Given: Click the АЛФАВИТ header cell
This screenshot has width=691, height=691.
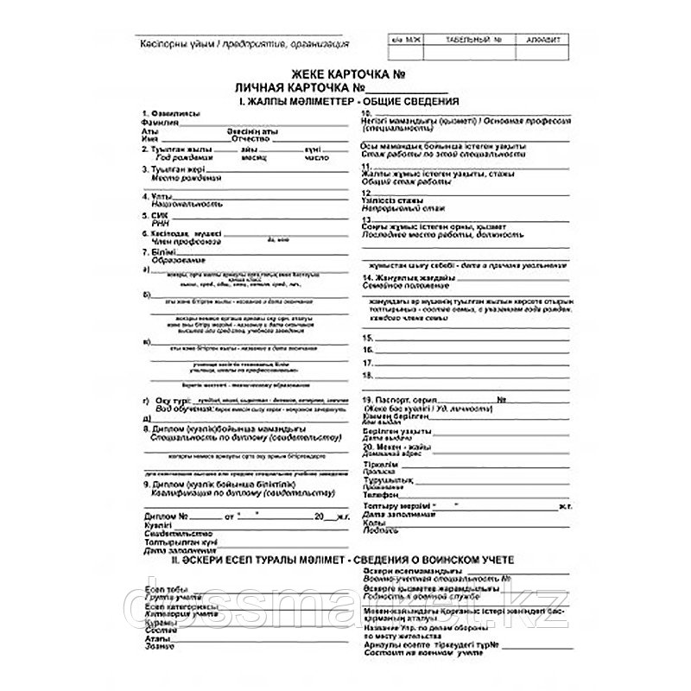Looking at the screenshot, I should pos(535,41).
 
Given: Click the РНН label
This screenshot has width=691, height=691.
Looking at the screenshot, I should pos(156,222).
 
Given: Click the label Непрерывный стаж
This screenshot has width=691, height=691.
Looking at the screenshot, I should pos(396,207).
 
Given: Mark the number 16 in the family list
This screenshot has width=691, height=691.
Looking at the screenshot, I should pos(367,350).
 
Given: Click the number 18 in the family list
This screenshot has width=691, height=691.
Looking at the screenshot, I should pos(367,377).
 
